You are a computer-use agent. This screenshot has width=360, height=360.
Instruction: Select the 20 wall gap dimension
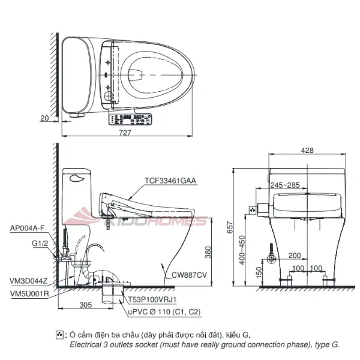pos(44,118)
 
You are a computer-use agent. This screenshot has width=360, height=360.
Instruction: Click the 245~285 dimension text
pos(285,185)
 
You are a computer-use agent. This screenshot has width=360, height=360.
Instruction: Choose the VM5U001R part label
pos(29,293)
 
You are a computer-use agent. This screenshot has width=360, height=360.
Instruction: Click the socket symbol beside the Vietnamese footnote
pos(59,334)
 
